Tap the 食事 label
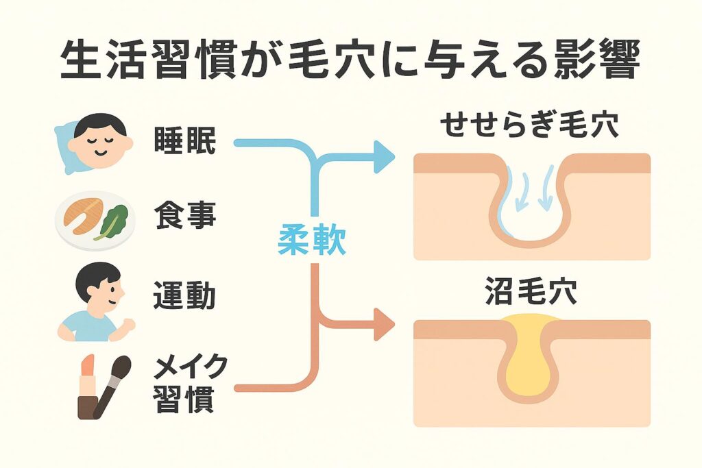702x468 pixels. [x=184, y=217]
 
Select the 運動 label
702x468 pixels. [x=184, y=295]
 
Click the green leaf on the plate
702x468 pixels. [x=114, y=219]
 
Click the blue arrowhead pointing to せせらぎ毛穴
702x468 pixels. [x=383, y=157]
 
